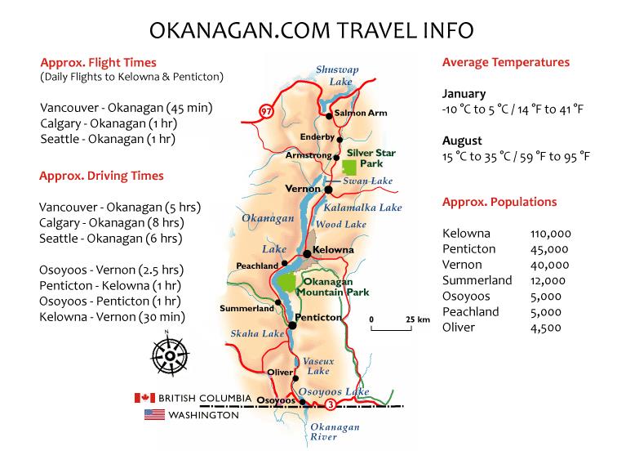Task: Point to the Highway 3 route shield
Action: [x=330, y=404]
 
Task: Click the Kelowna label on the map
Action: [x=334, y=249]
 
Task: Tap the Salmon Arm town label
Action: [x=361, y=113]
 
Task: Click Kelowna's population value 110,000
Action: [x=551, y=234]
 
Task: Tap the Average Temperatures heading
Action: [x=505, y=62]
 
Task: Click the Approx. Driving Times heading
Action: [x=101, y=176]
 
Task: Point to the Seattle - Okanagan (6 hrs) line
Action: [x=110, y=239]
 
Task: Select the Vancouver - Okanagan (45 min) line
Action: [x=119, y=108]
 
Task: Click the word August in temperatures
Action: [x=463, y=141]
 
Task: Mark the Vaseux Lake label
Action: [x=314, y=365]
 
